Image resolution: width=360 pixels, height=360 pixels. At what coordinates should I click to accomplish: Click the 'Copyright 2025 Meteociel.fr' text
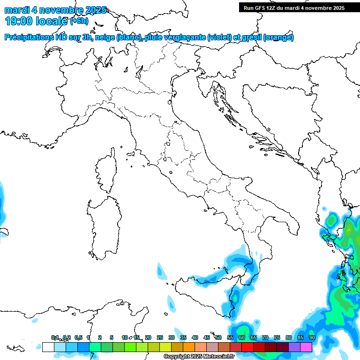199,357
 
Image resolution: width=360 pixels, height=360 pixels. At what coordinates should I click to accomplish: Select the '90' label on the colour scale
312,337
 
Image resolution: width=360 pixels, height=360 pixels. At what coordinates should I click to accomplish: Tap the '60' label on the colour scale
241,337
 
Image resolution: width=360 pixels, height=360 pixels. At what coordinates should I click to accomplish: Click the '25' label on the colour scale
159,337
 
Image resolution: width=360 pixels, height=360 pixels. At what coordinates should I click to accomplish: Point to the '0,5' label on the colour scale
78,337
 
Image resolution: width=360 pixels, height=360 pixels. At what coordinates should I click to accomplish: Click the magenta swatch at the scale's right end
306,347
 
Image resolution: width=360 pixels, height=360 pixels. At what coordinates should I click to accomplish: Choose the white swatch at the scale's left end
48,347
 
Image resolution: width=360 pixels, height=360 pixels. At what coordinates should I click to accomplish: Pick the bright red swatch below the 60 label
247,347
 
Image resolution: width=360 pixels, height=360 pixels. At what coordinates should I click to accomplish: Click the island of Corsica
106,171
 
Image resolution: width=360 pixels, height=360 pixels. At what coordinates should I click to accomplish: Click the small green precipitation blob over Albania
332,219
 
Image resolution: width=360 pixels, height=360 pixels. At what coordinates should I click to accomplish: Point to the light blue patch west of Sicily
162,272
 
